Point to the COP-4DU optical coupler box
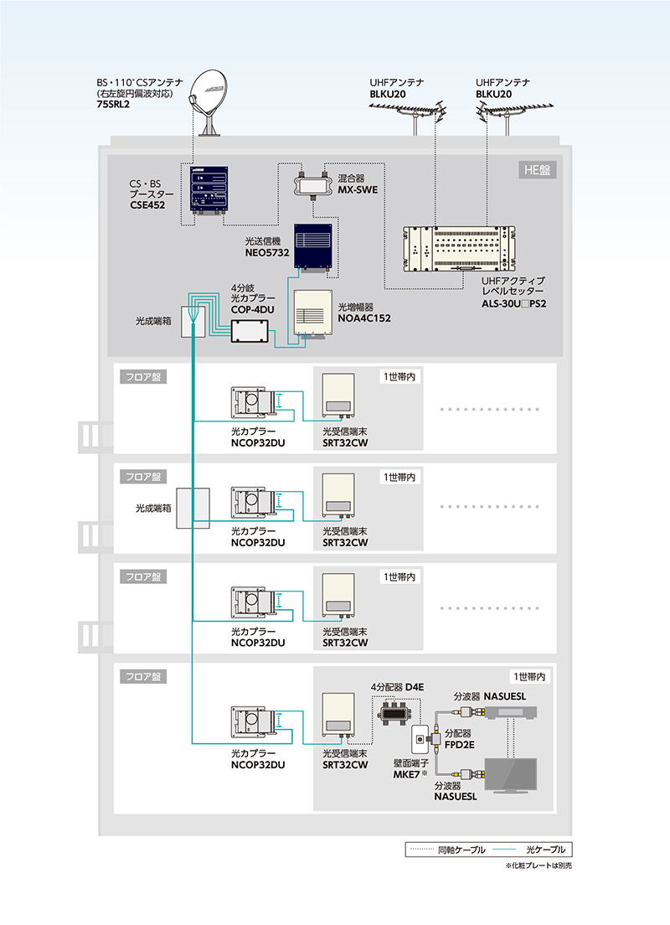[251, 331]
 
